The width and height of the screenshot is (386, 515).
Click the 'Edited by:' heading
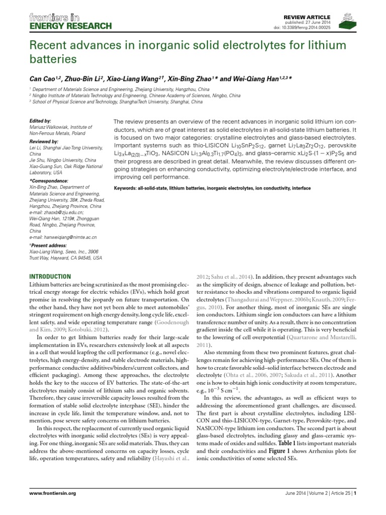point(41,121)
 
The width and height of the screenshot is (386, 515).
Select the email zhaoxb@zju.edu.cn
point(63,212)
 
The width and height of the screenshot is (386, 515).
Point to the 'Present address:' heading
point(49,245)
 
